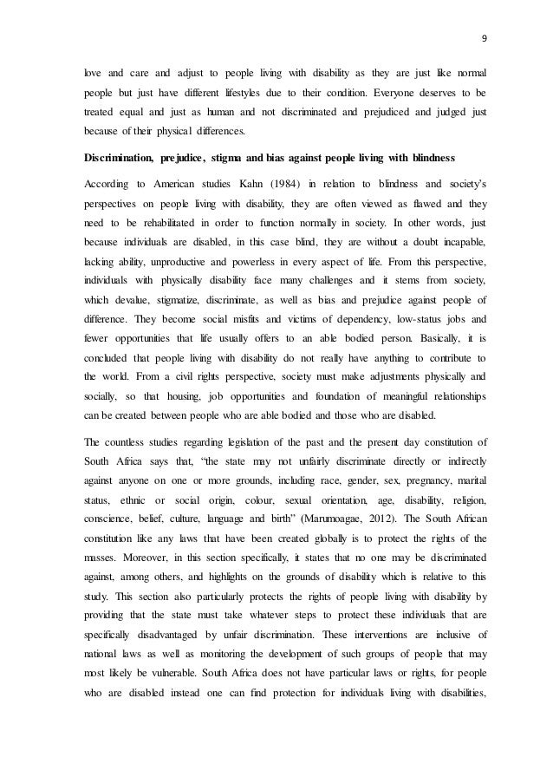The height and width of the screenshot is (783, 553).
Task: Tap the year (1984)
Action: click(280, 184)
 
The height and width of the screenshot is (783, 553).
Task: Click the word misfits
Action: click(244, 294)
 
